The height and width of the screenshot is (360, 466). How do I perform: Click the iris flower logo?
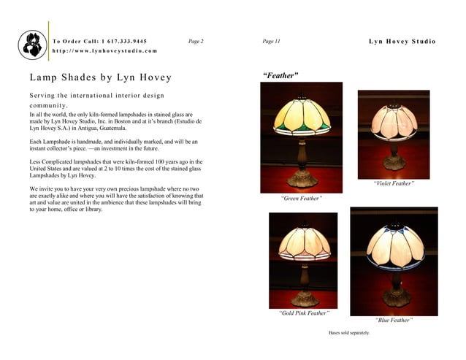click(32, 45)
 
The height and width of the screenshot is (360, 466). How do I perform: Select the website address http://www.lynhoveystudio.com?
click(104, 51)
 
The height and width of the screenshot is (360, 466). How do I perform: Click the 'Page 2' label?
click(196, 41)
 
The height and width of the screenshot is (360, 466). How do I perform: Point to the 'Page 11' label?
click(271, 41)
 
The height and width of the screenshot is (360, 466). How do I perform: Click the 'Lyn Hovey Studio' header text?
click(402, 41)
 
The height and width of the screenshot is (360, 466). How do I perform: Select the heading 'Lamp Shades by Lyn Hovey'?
click(101, 77)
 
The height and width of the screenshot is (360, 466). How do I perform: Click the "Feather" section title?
click(281, 75)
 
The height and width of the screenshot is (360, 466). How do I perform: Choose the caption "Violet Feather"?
click(393, 183)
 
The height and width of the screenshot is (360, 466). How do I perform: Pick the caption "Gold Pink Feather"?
click(303, 313)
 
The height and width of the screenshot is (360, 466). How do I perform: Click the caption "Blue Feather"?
click(394, 320)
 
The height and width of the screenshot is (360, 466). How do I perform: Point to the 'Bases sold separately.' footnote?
click(349, 333)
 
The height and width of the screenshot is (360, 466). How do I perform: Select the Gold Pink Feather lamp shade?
click(304, 242)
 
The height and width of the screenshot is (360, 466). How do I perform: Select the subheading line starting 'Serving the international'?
click(96, 96)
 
